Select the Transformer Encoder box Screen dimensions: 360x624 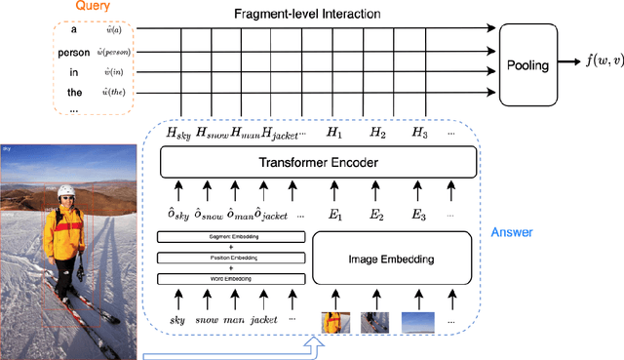pos(318,163)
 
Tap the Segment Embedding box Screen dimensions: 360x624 pos(231,237)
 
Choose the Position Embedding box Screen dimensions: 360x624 pos(231,258)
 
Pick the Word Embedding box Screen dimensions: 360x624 pos(231,279)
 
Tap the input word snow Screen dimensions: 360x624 pos(208,319)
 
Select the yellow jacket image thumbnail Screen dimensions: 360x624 pos(334,322)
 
